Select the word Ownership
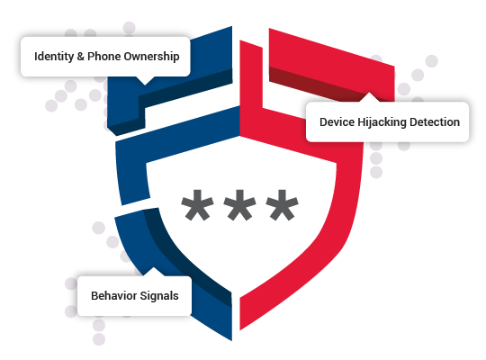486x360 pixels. pyautogui.click(x=151, y=57)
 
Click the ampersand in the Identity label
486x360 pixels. pyautogui.click(x=81, y=57)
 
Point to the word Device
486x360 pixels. pyautogui.click(x=337, y=122)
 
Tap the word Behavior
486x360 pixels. pyautogui.click(x=113, y=296)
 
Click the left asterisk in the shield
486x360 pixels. pyautogui.click(x=197, y=205)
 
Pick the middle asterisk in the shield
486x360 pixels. pyautogui.click(x=239, y=205)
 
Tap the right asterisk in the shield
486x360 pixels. pyautogui.click(x=282, y=205)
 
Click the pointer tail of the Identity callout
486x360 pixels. pyautogui.click(x=145, y=81)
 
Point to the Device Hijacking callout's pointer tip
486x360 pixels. pyautogui.click(x=369, y=93)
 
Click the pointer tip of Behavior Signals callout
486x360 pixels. pyautogui.click(x=153, y=267)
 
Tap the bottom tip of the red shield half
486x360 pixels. pyautogui.click(x=240, y=330)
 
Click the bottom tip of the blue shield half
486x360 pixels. pyautogui.click(x=231, y=340)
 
